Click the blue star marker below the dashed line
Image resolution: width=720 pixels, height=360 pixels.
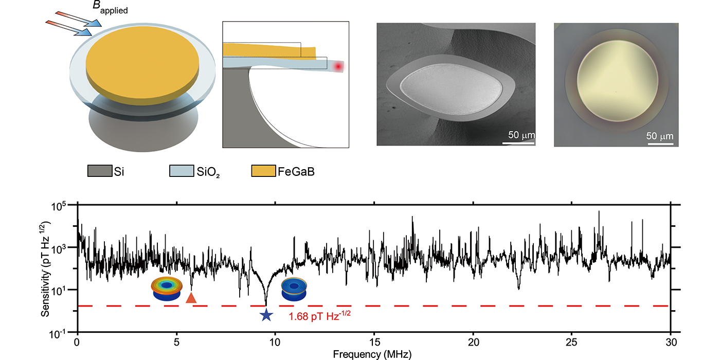click(x=266, y=315)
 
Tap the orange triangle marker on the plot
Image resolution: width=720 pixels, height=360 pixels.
click(x=191, y=298)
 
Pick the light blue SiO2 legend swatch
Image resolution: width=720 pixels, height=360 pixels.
click(x=181, y=171)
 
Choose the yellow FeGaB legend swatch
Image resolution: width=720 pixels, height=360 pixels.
click(x=263, y=171)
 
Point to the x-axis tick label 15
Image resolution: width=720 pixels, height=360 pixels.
click(x=374, y=342)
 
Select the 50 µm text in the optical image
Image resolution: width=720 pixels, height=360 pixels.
click(x=659, y=136)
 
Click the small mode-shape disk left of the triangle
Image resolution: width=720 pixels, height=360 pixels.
click(x=166, y=289)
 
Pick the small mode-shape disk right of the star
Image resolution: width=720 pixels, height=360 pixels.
click(x=295, y=289)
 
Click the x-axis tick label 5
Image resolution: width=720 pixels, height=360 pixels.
click(x=176, y=342)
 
